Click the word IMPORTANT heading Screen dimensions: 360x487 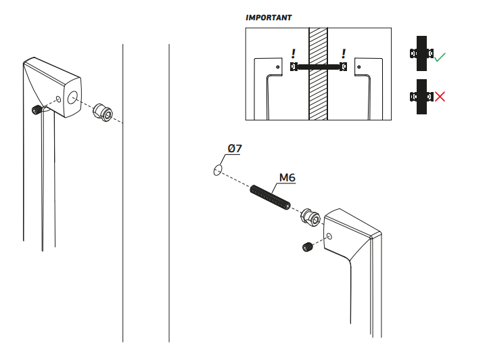269,18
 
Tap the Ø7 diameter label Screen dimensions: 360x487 235,149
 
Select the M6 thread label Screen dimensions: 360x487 287,178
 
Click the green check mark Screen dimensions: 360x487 440,58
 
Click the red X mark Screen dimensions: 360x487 440,97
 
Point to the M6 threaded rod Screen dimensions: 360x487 271,197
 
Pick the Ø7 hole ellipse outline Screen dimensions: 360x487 217,169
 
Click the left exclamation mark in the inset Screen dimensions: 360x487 293,53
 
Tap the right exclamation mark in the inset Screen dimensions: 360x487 344,53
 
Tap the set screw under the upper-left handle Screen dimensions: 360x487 36,110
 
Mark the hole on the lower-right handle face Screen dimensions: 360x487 329,237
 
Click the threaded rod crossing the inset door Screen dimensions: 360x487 318,66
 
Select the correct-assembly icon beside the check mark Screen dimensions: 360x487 421,53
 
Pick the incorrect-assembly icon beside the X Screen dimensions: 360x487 421,97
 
